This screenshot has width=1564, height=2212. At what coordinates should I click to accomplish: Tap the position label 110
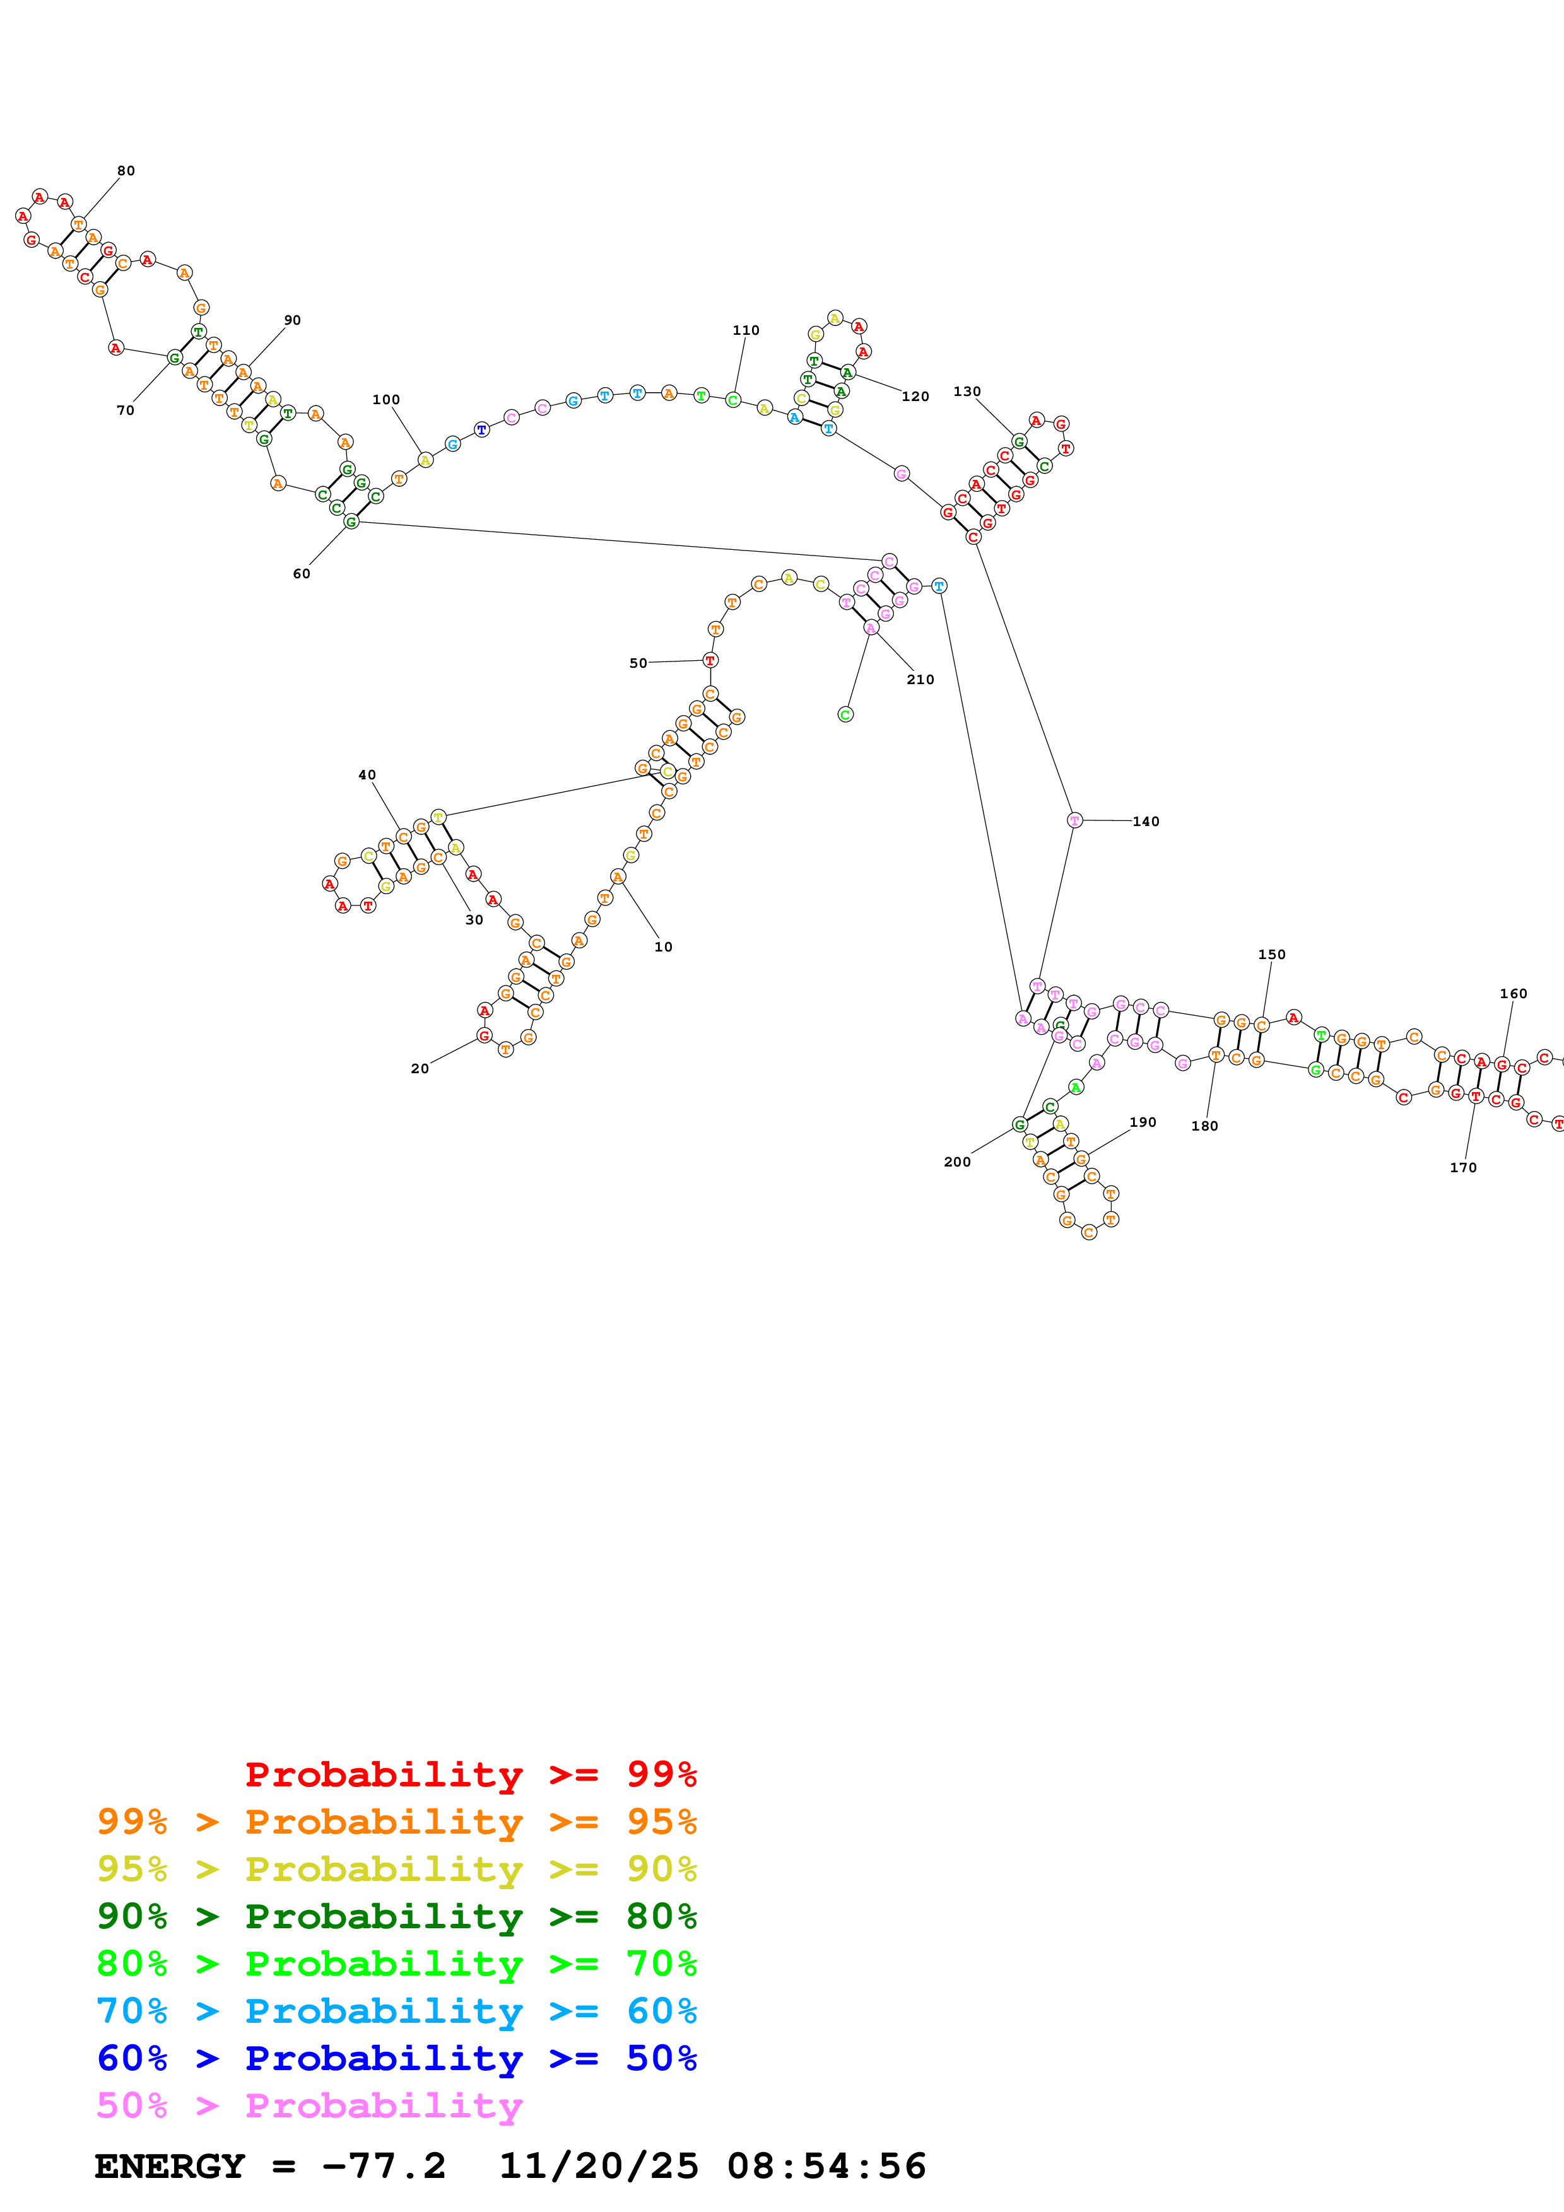click(746, 330)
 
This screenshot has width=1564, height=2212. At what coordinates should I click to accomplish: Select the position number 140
click(1146, 822)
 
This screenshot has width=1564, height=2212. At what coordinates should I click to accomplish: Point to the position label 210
click(920, 679)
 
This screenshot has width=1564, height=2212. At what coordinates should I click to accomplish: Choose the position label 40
click(367, 774)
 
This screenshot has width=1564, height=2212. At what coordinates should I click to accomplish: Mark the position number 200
click(957, 1162)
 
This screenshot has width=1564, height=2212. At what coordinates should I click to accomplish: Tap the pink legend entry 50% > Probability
click(309, 2105)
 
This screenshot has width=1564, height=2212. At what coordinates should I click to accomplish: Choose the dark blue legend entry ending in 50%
click(396, 2058)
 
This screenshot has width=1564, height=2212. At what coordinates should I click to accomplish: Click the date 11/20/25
click(599, 2167)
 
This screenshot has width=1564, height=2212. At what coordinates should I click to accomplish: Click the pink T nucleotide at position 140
click(1074, 821)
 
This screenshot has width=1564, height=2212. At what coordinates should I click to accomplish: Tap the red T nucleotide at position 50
click(710, 661)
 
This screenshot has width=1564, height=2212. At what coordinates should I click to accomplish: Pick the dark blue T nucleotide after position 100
click(482, 429)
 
